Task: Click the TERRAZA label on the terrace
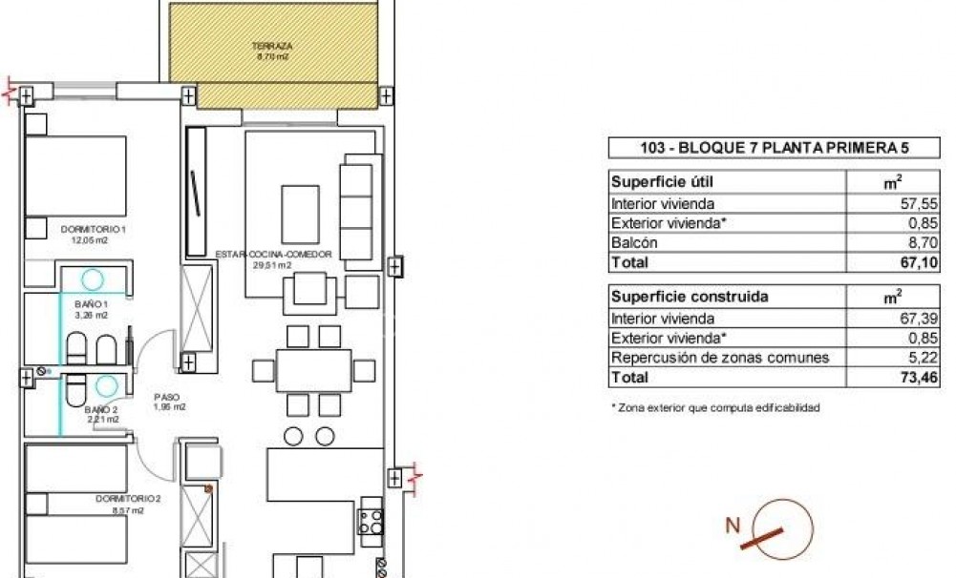[x=272, y=45]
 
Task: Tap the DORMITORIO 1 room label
[x=94, y=229]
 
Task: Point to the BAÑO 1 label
[x=92, y=303]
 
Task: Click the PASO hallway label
[x=168, y=397]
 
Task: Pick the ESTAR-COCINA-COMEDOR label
[x=273, y=255]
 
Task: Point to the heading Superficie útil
[x=662, y=181]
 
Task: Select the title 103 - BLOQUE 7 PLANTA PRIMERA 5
[x=774, y=148]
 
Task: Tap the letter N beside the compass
[x=733, y=524]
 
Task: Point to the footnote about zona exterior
[x=715, y=408]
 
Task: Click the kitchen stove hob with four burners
[x=371, y=520]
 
